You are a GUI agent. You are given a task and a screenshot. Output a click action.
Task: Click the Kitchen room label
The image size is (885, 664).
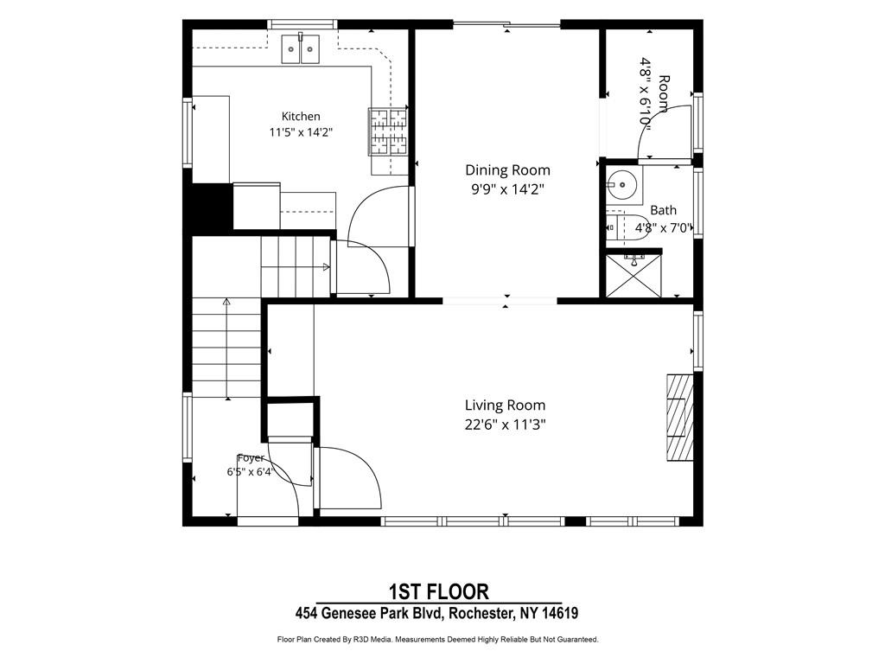click(x=301, y=117)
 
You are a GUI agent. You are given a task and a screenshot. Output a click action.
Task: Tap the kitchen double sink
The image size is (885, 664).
click(x=300, y=48)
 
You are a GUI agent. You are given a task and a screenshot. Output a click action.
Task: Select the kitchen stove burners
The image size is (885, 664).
click(x=388, y=131)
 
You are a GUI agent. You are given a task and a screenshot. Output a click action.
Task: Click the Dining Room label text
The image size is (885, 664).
click(x=507, y=170)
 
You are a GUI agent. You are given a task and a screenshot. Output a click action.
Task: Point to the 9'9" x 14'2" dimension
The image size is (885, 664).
click(x=507, y=189)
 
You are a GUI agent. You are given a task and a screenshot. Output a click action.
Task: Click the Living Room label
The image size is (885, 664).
click(x=505, y=405)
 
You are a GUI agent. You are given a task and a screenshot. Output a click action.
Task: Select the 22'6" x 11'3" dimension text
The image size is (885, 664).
click(x=505, y=424)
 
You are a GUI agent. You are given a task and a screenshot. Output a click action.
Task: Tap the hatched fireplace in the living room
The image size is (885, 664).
click(x=680, y=418)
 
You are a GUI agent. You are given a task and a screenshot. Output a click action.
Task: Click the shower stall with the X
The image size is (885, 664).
click(x=633, y=275)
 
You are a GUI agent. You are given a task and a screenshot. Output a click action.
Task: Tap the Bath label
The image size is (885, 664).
click(x=663, y=210)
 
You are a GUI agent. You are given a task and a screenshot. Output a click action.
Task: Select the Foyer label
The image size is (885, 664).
click(x=251, y=458)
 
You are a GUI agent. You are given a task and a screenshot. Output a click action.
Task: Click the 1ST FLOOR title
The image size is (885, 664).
click(x=438, y=591)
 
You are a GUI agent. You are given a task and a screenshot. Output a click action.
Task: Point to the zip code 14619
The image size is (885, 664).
click(x=560, y=613)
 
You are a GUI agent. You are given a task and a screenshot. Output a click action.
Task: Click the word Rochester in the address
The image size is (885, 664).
click(x=481, y=613)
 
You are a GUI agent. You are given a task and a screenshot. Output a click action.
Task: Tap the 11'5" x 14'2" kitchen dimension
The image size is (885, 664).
click(x=301, y=132)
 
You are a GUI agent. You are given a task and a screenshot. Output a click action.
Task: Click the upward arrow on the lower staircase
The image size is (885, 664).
click(x=227, y=348)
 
